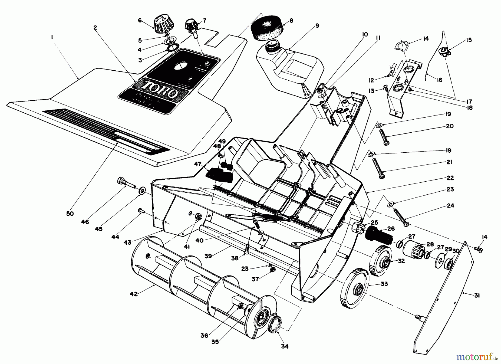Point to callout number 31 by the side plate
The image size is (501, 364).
(x=477, y=296)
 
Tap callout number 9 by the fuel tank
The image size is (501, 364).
(x=317, y=26)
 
